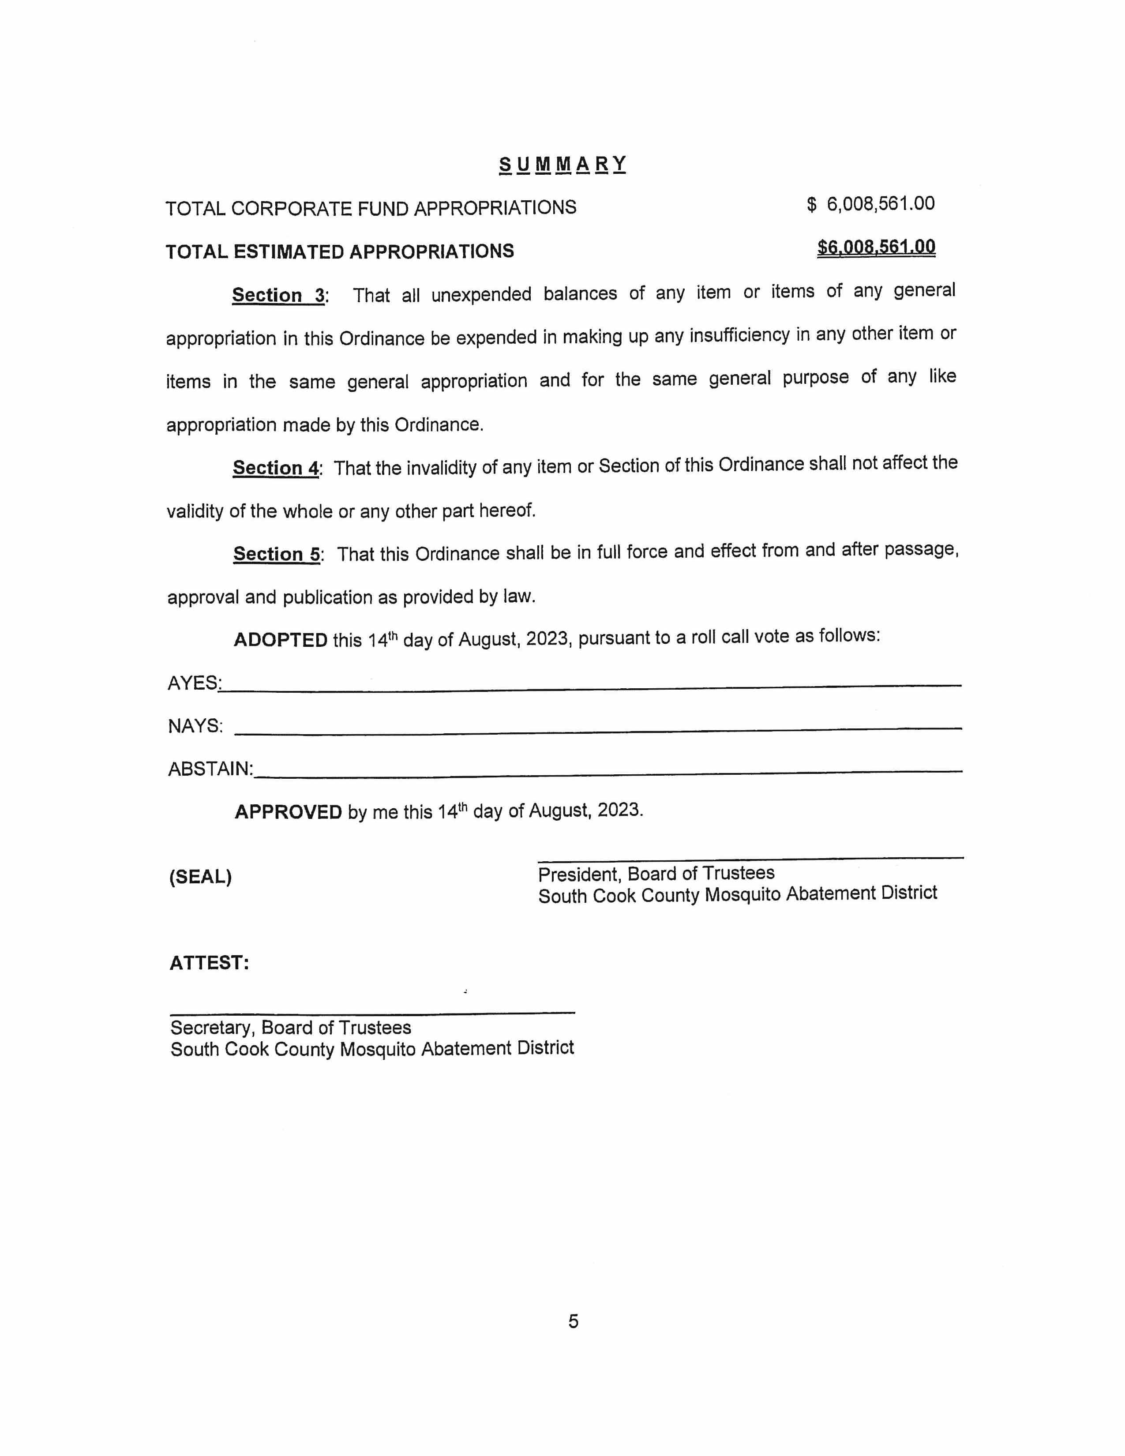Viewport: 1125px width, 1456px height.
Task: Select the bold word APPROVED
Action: point(288,812)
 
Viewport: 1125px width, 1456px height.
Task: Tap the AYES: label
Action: point(193,683)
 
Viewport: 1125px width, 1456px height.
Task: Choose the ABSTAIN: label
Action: point(210,769)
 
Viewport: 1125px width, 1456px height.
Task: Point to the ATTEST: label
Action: point(209,963)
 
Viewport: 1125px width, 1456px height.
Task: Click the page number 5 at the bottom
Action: point(573,1321)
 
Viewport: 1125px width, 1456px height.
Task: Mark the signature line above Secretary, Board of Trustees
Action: point(372,1013)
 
